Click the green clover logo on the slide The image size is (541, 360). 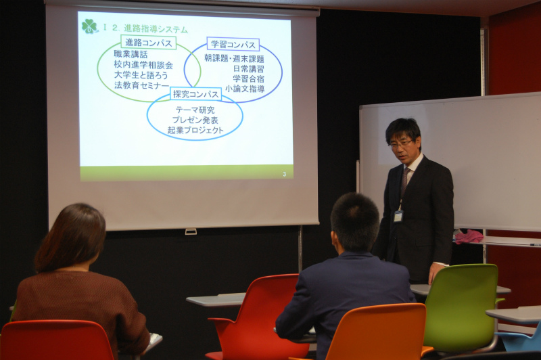pyautogui.click(x=90, y=26)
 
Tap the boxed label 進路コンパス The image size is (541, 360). pyautogui.click(x=149, y=43)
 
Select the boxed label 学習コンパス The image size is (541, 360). pyautogui.click(x=233, y=45)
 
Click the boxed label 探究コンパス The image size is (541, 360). pyautogui.click(x=195, y=94)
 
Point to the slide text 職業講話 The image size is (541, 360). pyautogui.click(x=131, y=55)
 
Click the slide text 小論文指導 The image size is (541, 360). pyautogui.click(x=245, y=89)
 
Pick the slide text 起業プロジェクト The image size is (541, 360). pyautogui.click(x=195, y=130)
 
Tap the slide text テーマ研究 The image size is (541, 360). pyautogui.click(x=195, y=110)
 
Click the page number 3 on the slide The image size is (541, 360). pyautogui.click(x=284, y=175)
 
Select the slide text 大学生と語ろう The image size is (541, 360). pyautogui.click(x=141, y=75)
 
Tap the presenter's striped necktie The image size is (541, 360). pyautogui.click(x=404, y=182)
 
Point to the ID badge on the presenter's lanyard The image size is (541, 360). pyautogui.click(x=398, y=216)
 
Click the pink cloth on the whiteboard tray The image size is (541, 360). pyautogui.click(x=469, y=237)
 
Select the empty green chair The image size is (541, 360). pyautogui.click(x=461, y=307)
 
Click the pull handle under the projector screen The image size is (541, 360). pyautogui.click(x=191, y=231)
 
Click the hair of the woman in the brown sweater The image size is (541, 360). pyautogui.click(x=70, y=236)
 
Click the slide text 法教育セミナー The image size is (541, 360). pyautogui.click(x=141, y=85)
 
